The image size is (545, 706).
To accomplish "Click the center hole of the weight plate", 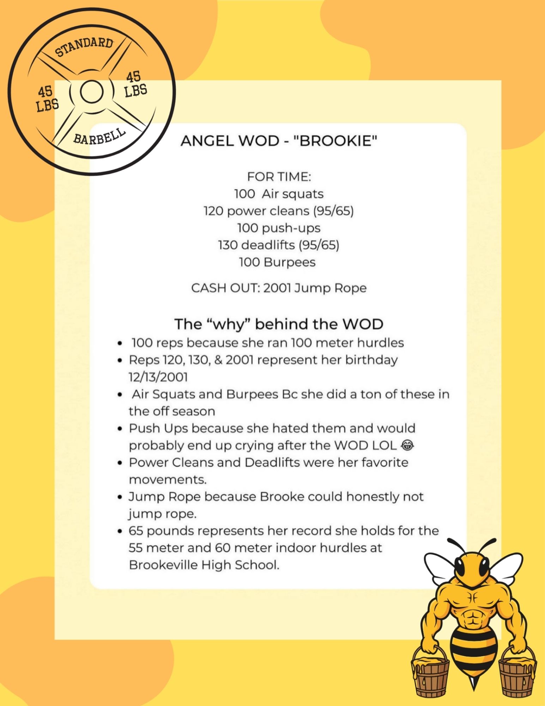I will coord(91,91).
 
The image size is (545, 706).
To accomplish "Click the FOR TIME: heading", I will coord(279,176).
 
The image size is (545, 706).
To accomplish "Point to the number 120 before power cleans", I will coord(213,211).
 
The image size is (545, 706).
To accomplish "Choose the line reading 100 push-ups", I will coord(279,228).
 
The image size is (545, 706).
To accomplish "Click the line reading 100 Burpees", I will coord(277,262).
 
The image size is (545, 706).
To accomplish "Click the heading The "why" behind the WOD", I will coord(279,324).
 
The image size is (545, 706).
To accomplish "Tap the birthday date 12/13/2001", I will coord(158,377).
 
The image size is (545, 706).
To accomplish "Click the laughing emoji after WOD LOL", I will coord(407,445).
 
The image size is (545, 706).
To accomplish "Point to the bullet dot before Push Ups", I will coord(120,429).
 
